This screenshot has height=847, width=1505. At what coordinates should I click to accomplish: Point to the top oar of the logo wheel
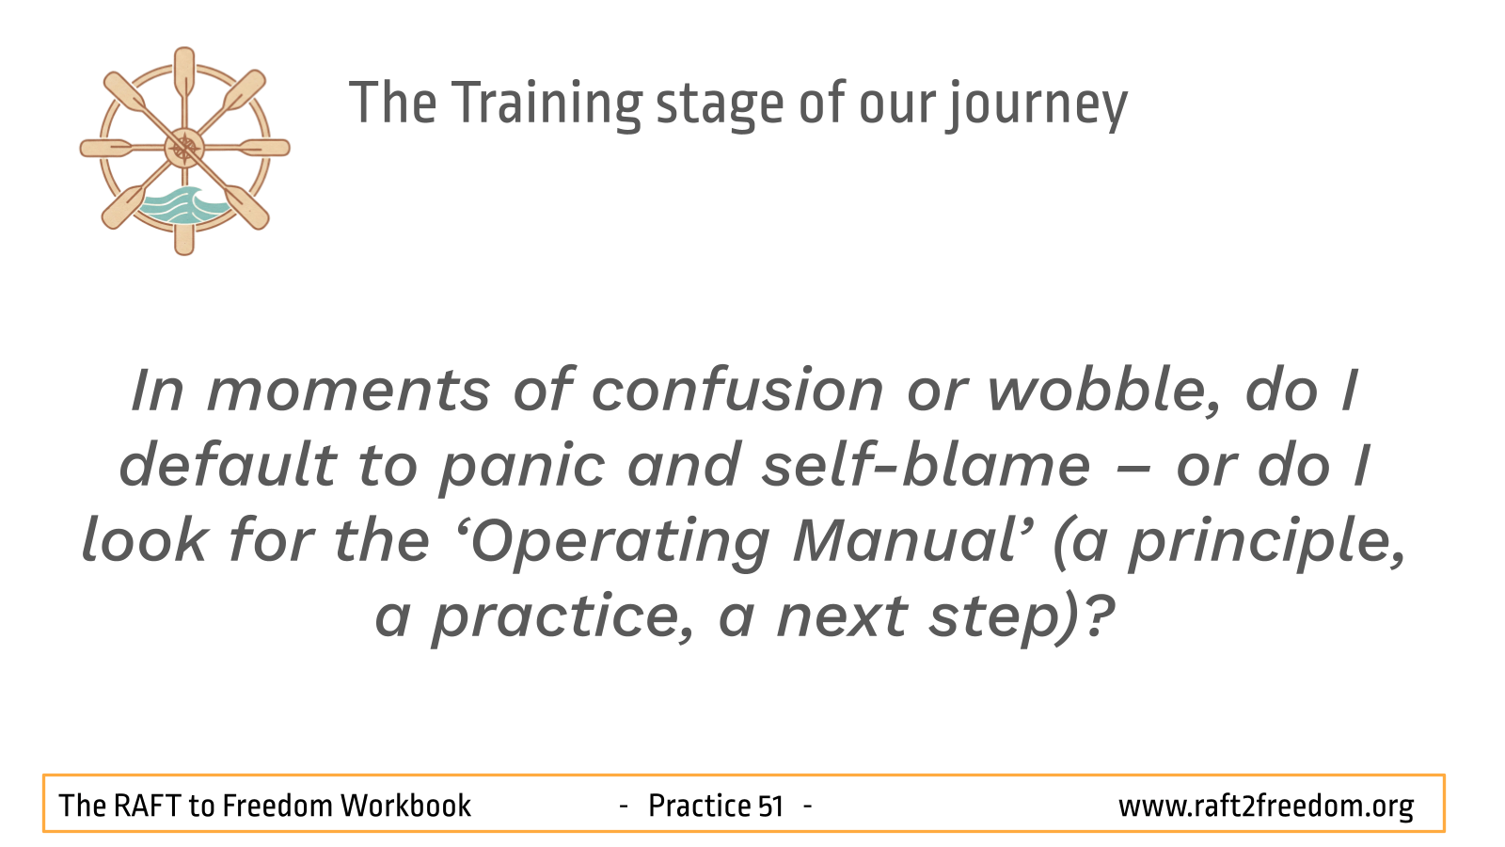coord(184,75)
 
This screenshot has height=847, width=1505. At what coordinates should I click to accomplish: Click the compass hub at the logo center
coord(184,148)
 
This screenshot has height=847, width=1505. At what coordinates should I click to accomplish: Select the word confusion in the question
coord(737,390)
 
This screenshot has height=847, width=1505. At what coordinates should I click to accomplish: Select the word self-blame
coord(926,465)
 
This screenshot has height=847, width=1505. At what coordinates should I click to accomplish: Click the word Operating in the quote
coord(620,541)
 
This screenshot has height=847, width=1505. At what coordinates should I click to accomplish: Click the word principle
coord(1266,542)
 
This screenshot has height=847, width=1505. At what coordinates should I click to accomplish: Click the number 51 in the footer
coord(769,807)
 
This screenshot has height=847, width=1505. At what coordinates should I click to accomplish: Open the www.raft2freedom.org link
coord(1265,807)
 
